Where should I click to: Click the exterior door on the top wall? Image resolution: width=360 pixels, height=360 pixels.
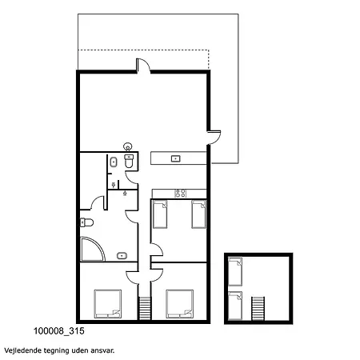143,66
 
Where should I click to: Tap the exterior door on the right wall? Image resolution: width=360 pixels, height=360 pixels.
214,138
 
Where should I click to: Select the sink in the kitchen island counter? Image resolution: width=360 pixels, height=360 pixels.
175,158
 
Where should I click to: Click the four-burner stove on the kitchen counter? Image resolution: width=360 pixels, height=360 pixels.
181,194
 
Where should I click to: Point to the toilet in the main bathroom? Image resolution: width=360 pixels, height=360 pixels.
86,222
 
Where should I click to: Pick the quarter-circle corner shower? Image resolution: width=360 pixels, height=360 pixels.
92,249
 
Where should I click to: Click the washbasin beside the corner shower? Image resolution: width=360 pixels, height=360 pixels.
122,256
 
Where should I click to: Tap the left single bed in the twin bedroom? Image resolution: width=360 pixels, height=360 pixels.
160,214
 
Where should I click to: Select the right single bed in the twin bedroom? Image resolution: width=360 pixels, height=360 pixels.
199,214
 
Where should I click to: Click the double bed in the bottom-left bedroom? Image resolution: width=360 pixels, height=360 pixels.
108,304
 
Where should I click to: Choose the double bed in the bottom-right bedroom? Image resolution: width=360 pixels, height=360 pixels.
180,304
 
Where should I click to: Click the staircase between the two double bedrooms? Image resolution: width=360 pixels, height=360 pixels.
145,308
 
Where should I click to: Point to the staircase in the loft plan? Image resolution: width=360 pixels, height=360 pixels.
258,308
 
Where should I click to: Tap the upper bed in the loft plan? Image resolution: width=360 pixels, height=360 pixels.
235,271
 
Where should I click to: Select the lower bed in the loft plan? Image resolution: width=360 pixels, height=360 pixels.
235,306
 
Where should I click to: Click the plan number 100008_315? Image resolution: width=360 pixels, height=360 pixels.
59,331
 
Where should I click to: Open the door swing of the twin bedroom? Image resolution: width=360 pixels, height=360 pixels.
157,250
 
